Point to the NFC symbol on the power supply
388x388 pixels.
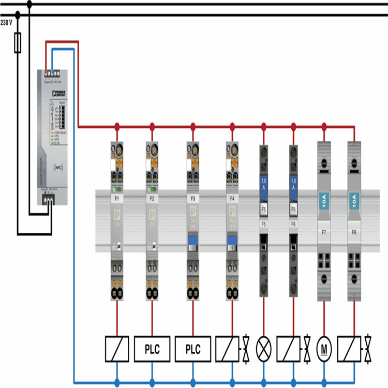click(x=60, y=168)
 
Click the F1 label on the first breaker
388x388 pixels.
click(x=117, y=198)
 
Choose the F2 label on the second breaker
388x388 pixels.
click(x=152, y=198)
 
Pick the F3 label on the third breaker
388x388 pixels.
click(x=193, y=198)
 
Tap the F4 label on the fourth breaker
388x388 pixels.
click(x=232, y=198)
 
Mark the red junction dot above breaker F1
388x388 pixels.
click(x=117, y=126)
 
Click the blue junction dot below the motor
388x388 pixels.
click(x=324, y=383)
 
